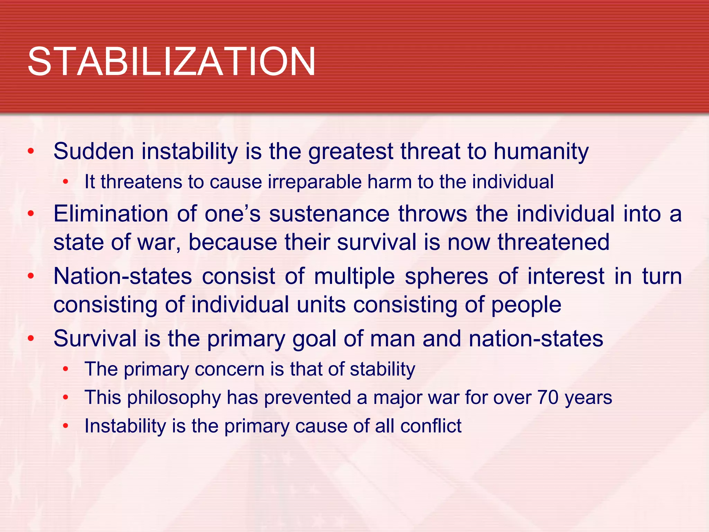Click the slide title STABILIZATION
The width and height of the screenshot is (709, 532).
pyautogui.click(x=171, y=62)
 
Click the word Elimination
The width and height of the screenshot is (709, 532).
pyautogui.click(x=110, y=214)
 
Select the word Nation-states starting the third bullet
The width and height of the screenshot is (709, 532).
pyautogui.click(x=123, y=276)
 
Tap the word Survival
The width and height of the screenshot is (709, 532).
pyautogui.click(x=95, y=338)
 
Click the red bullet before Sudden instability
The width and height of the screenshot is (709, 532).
pyautogui.click(x=31, y=152)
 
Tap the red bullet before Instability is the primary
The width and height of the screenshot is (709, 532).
pyautogui.click(x=65, y=426)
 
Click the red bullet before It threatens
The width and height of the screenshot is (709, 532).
pyautogui.click(x=65, y=182)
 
